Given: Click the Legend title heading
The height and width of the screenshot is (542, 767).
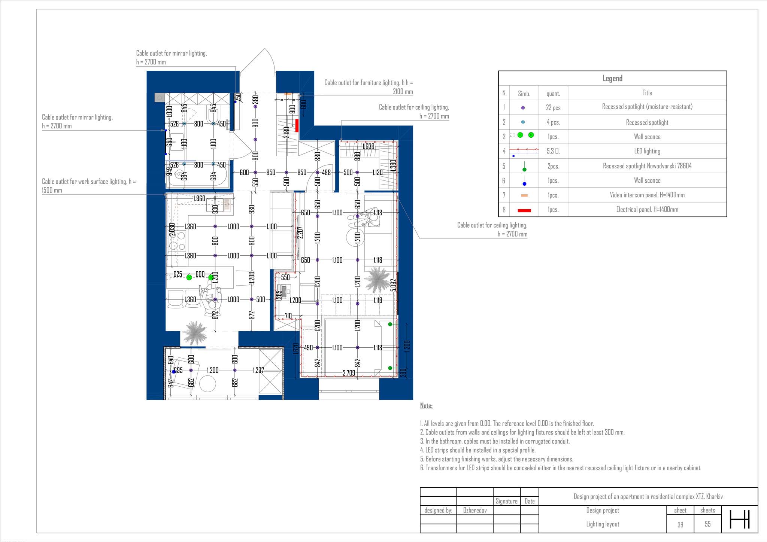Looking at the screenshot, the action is [x=612, y=78].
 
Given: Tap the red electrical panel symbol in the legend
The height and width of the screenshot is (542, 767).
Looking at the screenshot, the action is [x=524, y=210].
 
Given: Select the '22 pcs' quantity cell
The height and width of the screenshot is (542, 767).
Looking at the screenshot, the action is [x=553, y=107].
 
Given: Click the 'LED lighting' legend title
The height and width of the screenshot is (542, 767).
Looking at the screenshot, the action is [x=647, y=151].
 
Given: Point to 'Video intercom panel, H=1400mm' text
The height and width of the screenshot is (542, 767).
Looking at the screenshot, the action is [x=647, y=195].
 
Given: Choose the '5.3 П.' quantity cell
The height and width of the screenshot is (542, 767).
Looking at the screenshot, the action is [x=553, y=151].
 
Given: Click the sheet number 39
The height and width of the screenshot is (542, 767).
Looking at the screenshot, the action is [x=680, y=524].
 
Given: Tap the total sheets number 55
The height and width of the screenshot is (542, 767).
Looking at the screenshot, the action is [x=707, y=524].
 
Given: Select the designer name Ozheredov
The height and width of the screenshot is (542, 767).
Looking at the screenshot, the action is [x=475, y=510].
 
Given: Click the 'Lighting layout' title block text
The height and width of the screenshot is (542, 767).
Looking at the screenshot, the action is [x=603, y=524].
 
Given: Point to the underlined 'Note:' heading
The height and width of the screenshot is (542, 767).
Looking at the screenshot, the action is [x=426, y=406].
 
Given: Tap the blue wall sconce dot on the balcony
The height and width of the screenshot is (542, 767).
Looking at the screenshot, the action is [x=174, y=372].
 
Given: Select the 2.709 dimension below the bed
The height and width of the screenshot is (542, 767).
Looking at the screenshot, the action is [x=349, y=373].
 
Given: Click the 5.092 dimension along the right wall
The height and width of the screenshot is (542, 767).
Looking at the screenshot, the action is [x=393, y=285].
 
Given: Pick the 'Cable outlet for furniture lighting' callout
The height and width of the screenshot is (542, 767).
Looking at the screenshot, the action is [x=369, y=87].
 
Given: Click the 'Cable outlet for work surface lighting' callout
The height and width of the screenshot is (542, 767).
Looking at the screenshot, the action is [x=89, y=186].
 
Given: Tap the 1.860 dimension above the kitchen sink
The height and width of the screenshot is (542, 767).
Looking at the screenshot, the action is [x=199, y=198].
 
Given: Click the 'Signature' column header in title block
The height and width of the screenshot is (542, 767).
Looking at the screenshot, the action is [x=506, y=501].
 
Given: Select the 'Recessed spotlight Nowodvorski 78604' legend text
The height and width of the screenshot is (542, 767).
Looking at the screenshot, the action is [x=647, y=166].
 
